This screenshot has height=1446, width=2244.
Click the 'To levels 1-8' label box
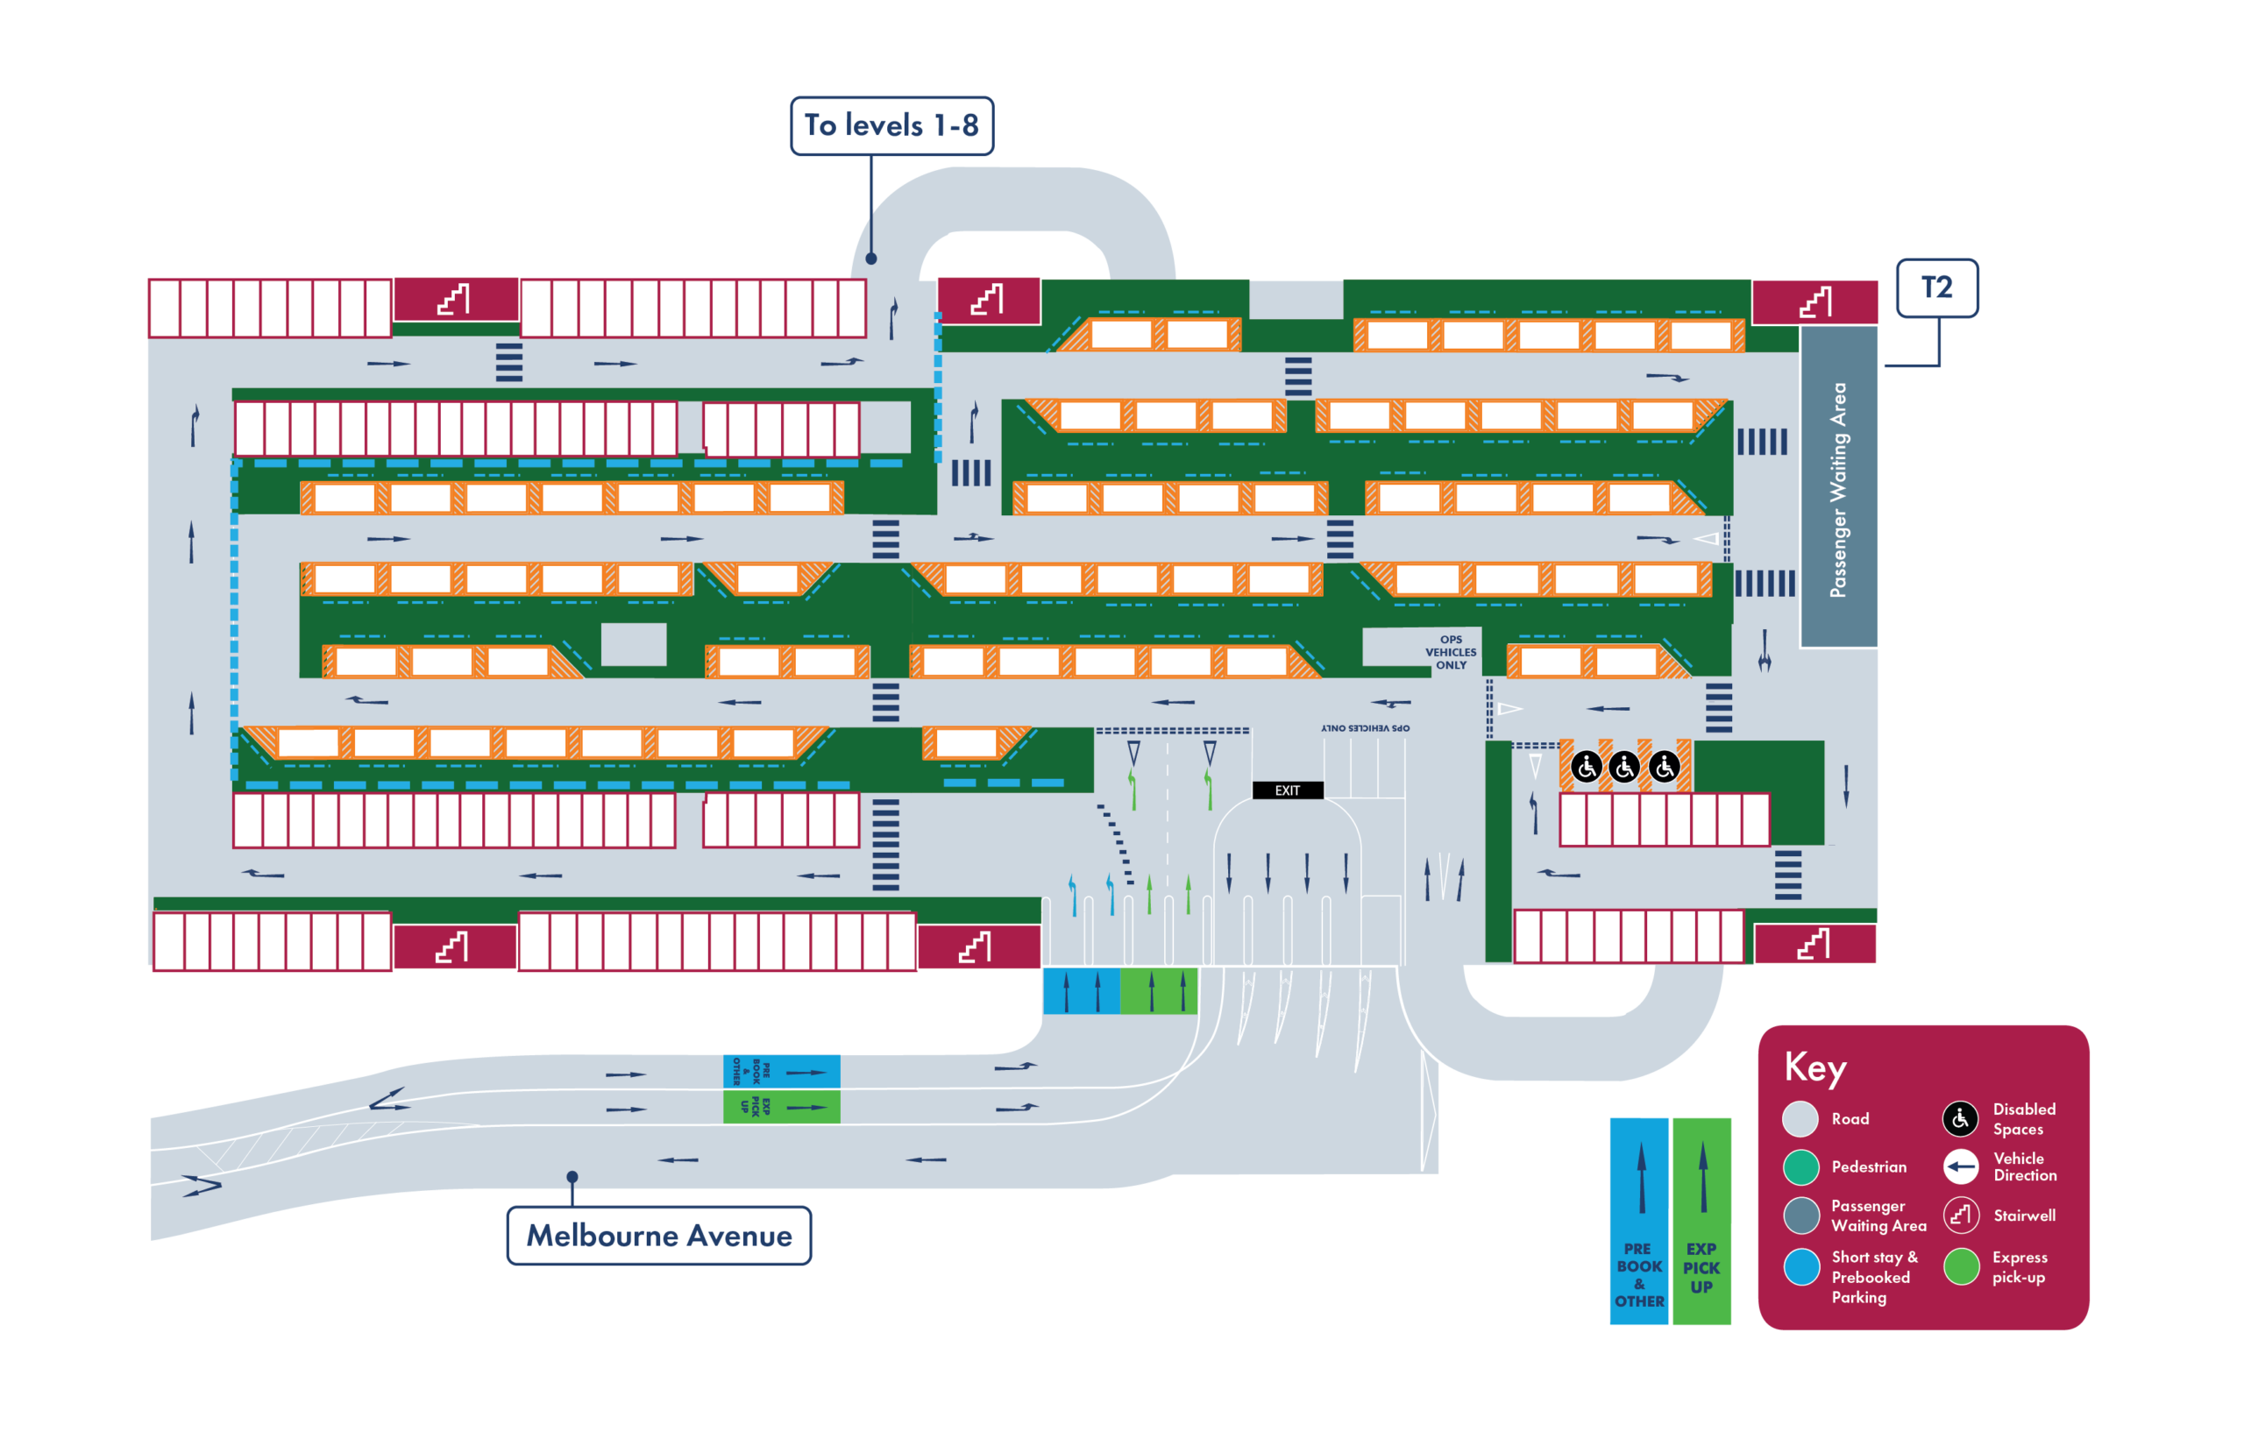point(891,126)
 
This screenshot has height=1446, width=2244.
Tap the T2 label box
point(1937,287)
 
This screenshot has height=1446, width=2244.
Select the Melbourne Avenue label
point(659,1236)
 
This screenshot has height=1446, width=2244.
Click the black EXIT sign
point(1288,790)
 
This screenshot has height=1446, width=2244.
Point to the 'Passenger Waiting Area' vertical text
point(1837,488)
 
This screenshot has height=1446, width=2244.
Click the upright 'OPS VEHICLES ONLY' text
point(1451,653)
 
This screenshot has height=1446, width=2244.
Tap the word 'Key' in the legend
point(1814,1067)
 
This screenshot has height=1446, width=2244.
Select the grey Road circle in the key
point(1800,1118)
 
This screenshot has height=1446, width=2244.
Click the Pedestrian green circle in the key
point(1800,1167)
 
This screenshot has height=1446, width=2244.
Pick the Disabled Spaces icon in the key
point(1961,1118)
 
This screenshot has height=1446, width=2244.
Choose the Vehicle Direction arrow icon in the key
point(1961,1167)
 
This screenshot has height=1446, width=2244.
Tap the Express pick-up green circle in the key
point(1961,1266)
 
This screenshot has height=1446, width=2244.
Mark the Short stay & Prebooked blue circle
point(1800,1266)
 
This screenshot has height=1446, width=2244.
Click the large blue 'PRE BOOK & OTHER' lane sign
point(1639,1221)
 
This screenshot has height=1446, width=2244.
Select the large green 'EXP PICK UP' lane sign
point(1701,1221)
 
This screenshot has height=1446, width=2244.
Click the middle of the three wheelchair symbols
point(1624,767)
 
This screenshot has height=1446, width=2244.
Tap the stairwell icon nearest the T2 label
point(1814,302)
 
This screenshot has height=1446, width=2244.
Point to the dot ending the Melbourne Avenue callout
point(572,1176)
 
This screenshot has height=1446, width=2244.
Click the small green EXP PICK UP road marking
point(781,1107)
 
